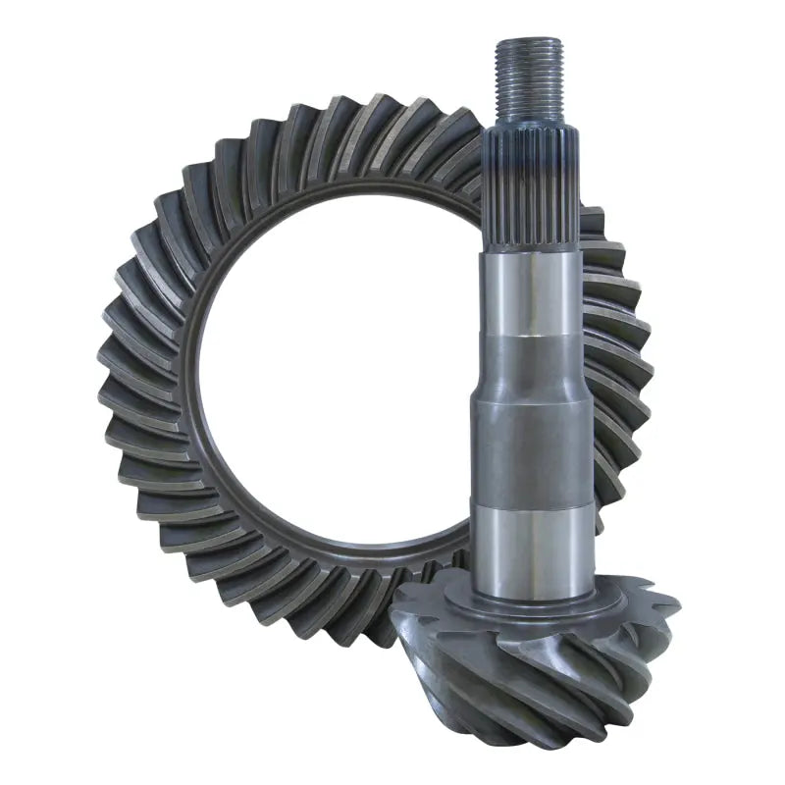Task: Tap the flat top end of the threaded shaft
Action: click(529, 41)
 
